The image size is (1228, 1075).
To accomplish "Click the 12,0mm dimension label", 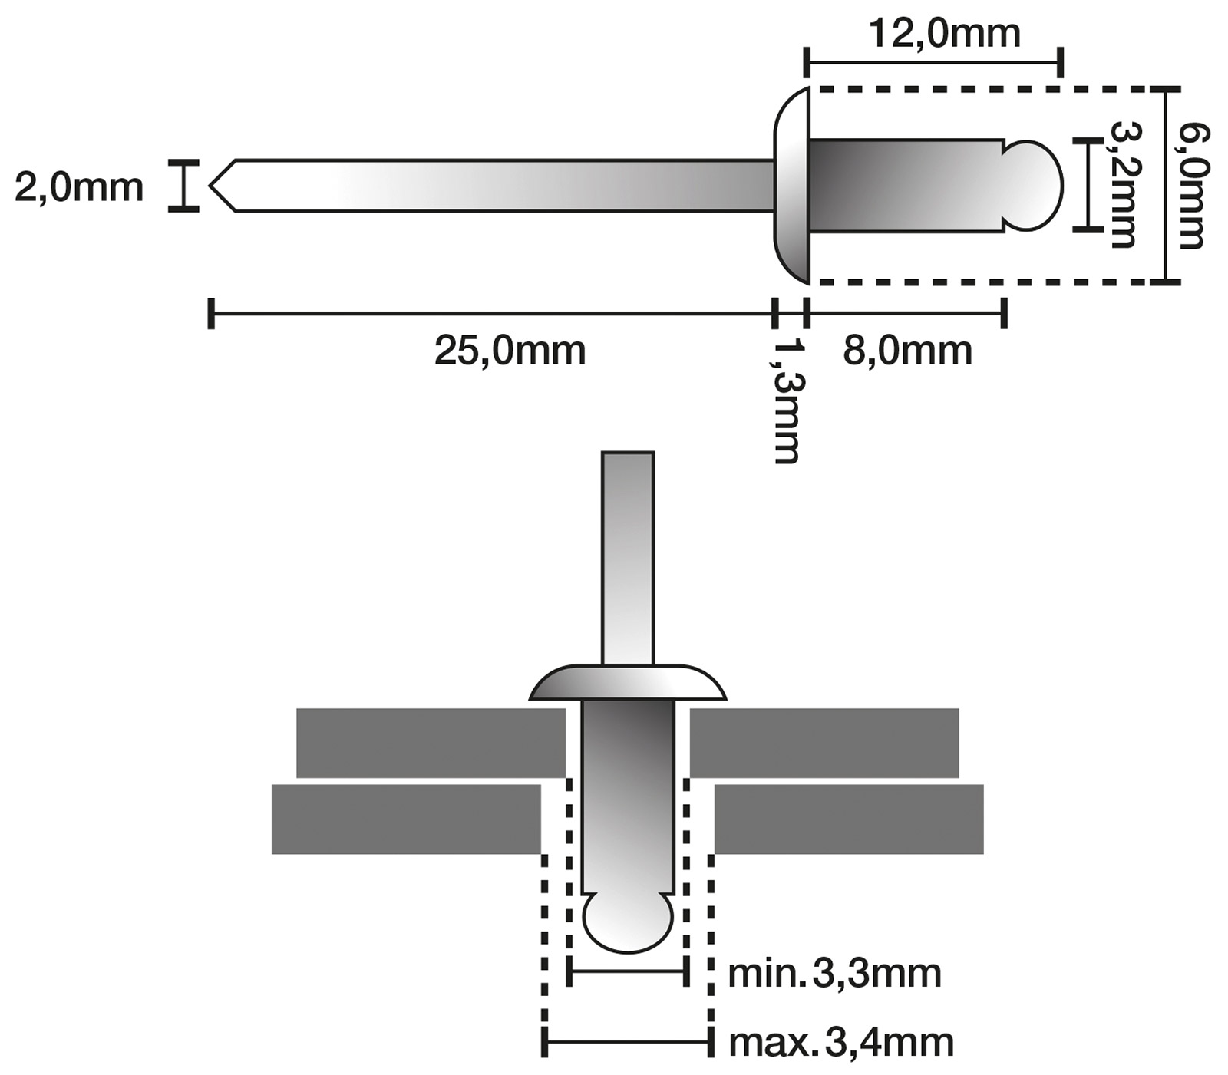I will (x=944, y=34).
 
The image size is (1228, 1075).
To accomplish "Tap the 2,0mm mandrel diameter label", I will (x=79, y=187).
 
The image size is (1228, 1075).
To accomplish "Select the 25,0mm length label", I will (x=510, y=351).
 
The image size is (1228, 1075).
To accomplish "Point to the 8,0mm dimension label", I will (x=907, y=351).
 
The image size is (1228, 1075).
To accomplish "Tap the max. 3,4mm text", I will (x=840, y=1043).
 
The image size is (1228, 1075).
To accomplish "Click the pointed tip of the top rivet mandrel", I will (x=218, y=186).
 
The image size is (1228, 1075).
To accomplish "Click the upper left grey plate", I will (x=430, y=743).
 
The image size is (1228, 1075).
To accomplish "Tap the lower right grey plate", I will (x=849, y=819).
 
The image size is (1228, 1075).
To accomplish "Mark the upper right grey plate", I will (x=824, y=743).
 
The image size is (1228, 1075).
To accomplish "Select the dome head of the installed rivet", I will (x=628, y=684).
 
